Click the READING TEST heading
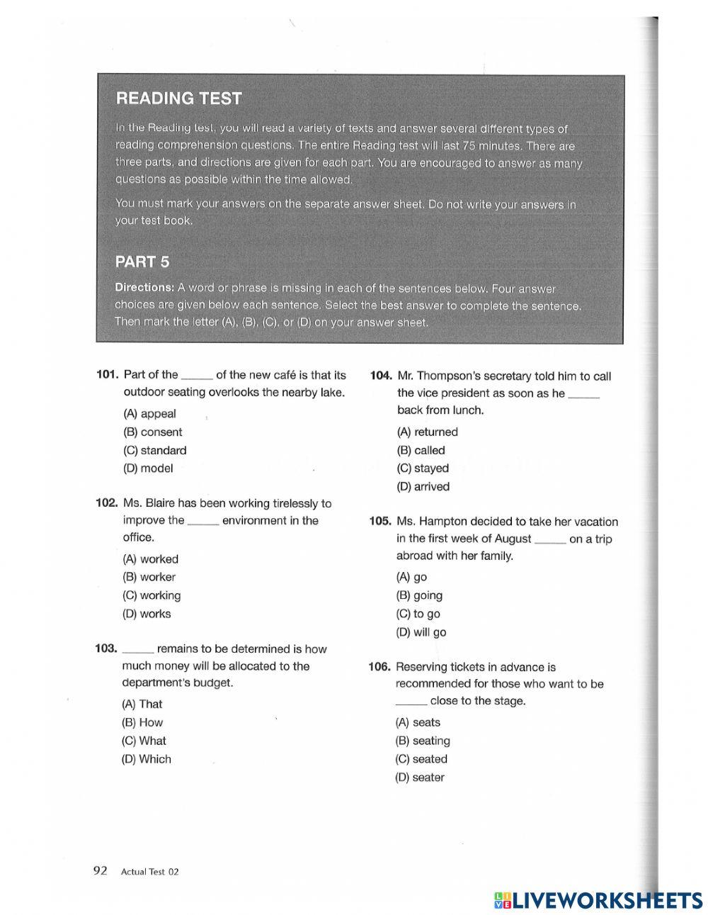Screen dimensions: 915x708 click(x=178, y=99)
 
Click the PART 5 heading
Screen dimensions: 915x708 click(x=142, y=262)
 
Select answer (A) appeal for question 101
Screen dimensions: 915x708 click(x=149, y=414)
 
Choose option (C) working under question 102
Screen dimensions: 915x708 click(x=152, y=595)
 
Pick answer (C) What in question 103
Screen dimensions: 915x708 click(x=144, y=741)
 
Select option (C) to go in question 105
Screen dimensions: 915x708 click(x=418, y=614)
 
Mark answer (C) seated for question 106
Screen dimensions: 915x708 click(x=421, y=759)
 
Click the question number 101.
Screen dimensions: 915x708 click(x=106, y=374)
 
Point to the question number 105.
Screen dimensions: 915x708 click(x=379, y=521)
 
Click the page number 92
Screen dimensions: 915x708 click(x=100, y=870)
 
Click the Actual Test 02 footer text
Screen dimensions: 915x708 click(x=149, y=872)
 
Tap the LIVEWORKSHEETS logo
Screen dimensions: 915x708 click(x=598, y=899)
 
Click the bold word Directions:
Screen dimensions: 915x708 click(x=144, y=288)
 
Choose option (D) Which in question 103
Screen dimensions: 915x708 click(x=146, y=759)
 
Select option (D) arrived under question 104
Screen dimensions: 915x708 click(x=423, y=486)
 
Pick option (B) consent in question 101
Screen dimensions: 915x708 click(x=152, y=432)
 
